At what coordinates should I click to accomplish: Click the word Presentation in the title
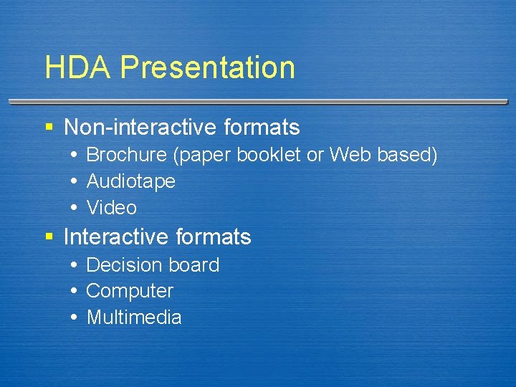[207, 68]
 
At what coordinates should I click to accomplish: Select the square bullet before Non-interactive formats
[49, 128]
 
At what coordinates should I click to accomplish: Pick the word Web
[348, 155]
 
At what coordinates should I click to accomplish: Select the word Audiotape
[130, 181]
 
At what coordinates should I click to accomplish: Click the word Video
[111, 208]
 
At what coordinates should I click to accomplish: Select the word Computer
[130, 291]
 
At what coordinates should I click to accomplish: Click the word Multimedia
[134, 317]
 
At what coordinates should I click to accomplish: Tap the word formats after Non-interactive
[262, 128]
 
